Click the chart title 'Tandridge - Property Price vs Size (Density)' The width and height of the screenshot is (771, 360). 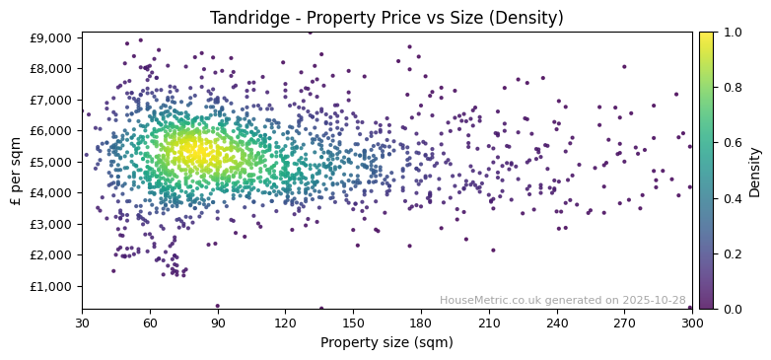[386, 18]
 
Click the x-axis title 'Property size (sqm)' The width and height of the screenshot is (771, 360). [386, 342]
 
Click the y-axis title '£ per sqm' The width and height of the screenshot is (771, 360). [16, 171]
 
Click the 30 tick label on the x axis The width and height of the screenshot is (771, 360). [82, 323]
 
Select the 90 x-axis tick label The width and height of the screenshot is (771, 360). [218, 323]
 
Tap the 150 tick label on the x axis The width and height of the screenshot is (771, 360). [353, 323]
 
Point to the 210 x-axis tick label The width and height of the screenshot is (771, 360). [489, 323]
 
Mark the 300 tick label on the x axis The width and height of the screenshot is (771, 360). [692, 323]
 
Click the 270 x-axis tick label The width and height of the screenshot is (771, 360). [624, 323]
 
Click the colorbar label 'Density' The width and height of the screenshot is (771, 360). [755, 171]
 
